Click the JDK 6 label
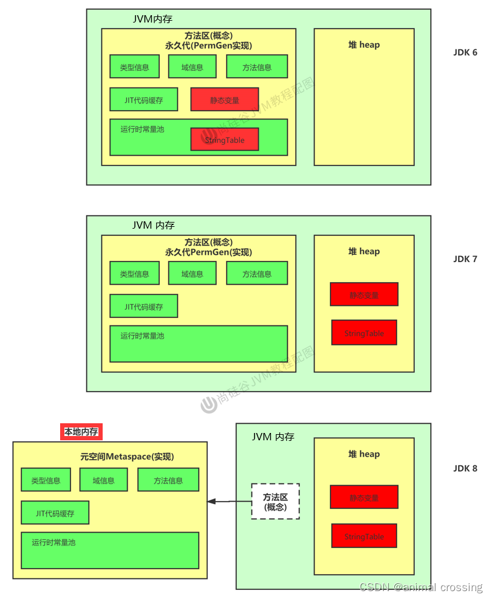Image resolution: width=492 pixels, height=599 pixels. pos(465,52)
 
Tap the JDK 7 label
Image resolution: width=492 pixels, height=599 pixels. pos(465,259)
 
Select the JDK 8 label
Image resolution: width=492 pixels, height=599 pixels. pos(465,468)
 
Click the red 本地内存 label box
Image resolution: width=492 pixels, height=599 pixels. pos(81,432)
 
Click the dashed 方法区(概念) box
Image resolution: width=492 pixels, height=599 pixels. pos(276,501)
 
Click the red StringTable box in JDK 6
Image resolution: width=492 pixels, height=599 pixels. pos(225,139)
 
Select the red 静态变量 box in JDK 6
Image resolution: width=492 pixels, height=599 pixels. pos(225,100)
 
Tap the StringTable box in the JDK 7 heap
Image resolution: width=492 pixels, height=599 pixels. pos(364,333)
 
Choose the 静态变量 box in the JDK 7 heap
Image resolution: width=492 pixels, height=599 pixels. pos(364,294)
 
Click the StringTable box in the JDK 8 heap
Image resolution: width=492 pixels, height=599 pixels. pos(364,536)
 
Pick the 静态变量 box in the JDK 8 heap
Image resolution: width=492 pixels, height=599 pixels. pos(364,497)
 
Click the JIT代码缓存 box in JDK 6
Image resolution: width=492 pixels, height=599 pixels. pos(144,100)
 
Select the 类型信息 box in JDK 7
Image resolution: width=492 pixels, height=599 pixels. pos(134,274)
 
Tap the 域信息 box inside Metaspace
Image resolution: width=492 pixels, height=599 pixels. pos(103,480)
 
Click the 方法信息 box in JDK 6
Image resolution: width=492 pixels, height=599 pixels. pos(257,67)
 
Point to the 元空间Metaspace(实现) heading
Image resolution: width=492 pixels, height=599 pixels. pos(127,457)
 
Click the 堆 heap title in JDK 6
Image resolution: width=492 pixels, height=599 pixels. pos(364,44)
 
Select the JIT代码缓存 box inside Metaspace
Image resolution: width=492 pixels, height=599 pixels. pos(55,513)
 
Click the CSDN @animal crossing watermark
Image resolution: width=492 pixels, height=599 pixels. pos(421,587)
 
